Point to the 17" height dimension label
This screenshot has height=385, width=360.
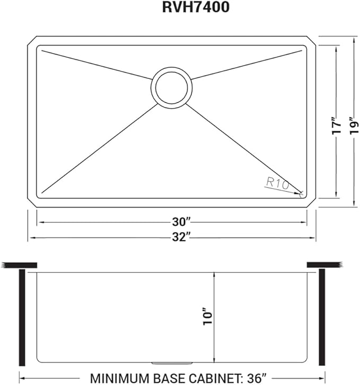pyautogui.click(x=335, y=127)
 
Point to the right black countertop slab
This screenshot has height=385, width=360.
pyautogui.click(x=324, y=264)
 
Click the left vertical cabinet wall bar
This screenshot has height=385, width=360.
pyautogui.click(x=22, y=317)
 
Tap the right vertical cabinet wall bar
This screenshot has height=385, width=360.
pyautogui.click(x=321, y=317)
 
